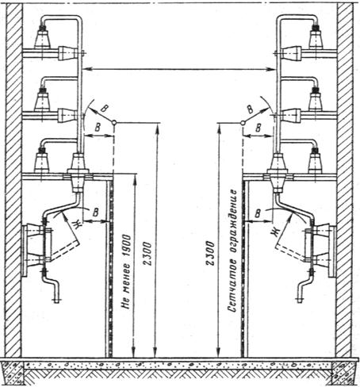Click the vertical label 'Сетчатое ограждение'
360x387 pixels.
[232, 251]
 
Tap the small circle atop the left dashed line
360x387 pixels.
[114, 123]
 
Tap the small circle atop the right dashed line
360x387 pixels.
[243, 123]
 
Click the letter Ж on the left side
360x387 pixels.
[76, 225]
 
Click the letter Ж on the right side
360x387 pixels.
[276, 232]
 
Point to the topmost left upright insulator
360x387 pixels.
[42, 37]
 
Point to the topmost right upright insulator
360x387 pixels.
[316, 37]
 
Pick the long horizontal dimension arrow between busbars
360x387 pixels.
[179, 69]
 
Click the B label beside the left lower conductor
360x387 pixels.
[97, 213]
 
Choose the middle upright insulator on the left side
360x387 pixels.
[42, 100]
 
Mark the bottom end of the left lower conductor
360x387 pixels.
[56, 301]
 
